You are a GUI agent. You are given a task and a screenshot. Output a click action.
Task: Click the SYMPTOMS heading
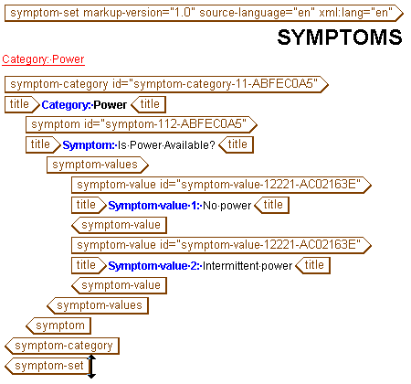(x=340, y=37)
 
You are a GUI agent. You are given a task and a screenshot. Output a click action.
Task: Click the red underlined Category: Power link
(x=43, y=59)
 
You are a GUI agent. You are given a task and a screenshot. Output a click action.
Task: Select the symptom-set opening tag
(x=204, y=13)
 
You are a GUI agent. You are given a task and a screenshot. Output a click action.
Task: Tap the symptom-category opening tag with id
(x=166, y=84)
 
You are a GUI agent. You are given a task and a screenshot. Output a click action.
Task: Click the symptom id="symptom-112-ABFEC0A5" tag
(x=142, y=124)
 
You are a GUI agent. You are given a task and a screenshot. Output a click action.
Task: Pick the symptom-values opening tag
(x=98, y=165)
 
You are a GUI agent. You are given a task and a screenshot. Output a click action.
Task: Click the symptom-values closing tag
(x=98, y=305)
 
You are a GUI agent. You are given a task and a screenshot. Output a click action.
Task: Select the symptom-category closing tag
(x=62, y=346)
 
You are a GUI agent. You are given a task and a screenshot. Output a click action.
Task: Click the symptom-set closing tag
(x=47, y=366)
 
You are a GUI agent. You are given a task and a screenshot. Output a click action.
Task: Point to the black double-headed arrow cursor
(x=91, y=367)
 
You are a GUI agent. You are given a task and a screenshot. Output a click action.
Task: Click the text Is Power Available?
(x=166, y=145)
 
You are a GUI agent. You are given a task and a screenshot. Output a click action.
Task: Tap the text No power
(x=227, y=206)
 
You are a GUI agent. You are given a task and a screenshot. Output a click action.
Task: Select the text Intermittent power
(x=248, y=266)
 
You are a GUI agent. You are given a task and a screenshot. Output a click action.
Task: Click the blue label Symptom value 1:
(x=155, y=206)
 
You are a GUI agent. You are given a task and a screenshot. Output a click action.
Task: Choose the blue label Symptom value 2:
(x=155, y=266)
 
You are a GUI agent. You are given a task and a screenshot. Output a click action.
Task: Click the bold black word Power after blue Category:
(x=110, y=105)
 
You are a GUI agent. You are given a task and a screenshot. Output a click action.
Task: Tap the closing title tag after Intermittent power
(x=312, y=265)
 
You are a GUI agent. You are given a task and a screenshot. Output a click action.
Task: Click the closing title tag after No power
(x=271, y=205)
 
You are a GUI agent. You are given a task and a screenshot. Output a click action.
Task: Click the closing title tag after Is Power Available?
(x=236, y=144)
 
